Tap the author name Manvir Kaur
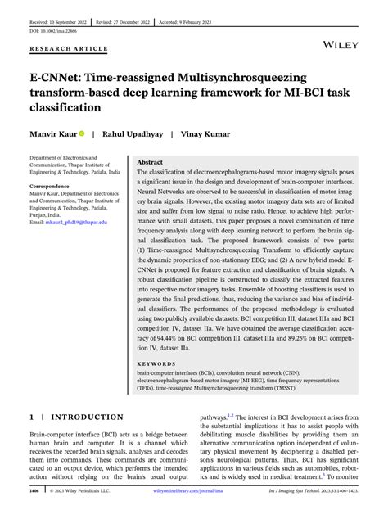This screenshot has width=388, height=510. coord(54,132)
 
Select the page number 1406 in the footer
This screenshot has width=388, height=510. coord(34,492)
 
